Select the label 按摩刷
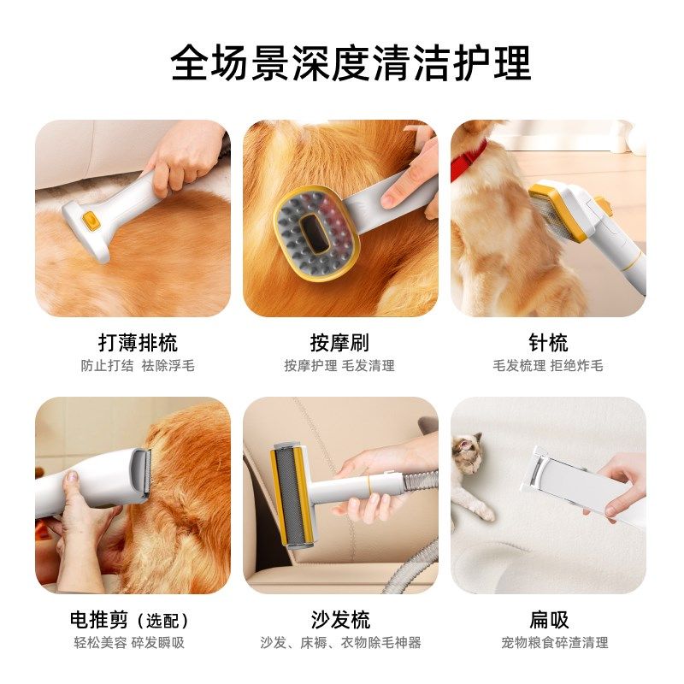click(339, 344)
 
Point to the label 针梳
click(548, 344)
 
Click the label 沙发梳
click(340, 620)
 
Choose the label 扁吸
click(548, 620)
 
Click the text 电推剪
click(101, 620)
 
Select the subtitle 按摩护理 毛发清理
click(339, 366)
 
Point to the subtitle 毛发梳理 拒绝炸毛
click(548, 366)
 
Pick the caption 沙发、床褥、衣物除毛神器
click(340, 643)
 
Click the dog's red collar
click(469, 159)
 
